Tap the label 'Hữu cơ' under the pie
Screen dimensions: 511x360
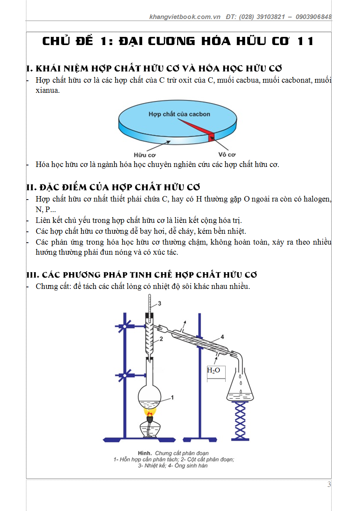(144, 155)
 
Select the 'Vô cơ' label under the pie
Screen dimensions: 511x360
(227, 155)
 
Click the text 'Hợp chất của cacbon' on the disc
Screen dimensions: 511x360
(179, 114)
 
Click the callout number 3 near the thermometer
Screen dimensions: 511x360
(159, 304)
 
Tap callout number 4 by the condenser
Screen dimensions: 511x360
(222, 337)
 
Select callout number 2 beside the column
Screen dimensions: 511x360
(161, 339)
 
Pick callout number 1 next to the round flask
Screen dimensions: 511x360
(172, 397)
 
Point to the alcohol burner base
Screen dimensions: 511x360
(150, 430)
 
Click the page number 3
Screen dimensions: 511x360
(329, 484)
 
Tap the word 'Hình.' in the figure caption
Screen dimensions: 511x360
(145, 453)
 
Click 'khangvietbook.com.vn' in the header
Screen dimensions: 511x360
(185, 17)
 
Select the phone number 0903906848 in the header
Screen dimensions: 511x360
(313, 17)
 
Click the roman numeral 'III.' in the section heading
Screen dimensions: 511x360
(33, 275)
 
